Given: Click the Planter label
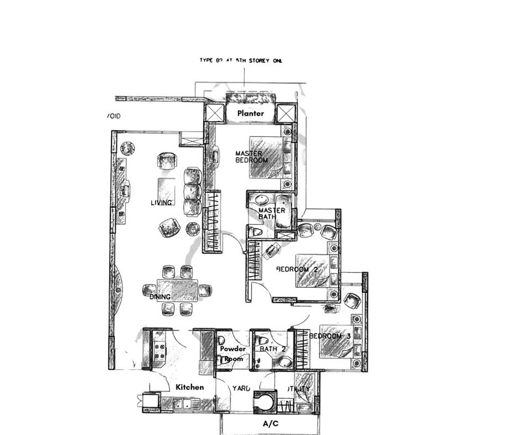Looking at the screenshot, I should (x=250, y=114).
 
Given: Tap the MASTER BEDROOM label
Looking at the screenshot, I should (x=252, y=156).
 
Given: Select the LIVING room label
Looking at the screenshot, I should (x=161, y=203).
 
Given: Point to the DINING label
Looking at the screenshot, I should (x=160, y=297).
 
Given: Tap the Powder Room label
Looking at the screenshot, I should (x=233, y=354).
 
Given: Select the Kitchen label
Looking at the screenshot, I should (x=190, y=387).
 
